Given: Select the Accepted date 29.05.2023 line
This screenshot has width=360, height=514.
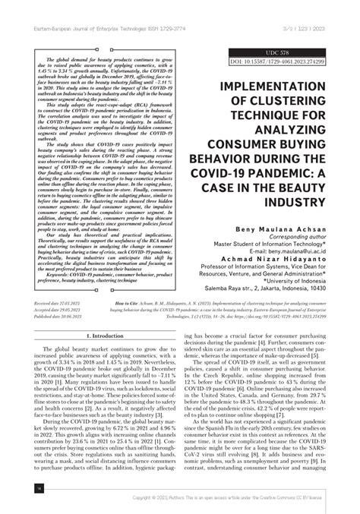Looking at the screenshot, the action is pyautogui.click(x=60, y=311).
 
